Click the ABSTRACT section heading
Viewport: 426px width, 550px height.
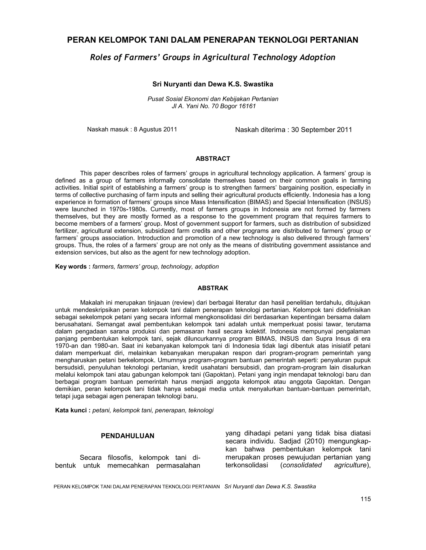[213, 159]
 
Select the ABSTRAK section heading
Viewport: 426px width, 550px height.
[213, 288]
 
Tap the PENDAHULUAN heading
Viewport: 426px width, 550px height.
[128, 436]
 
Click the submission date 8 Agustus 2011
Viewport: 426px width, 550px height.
[155, 129]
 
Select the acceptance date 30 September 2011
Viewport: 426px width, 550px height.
[321, 130]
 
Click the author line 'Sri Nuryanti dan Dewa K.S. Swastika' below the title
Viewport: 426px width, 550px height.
[213, 84]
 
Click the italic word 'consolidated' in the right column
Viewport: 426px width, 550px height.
[302, 465]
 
